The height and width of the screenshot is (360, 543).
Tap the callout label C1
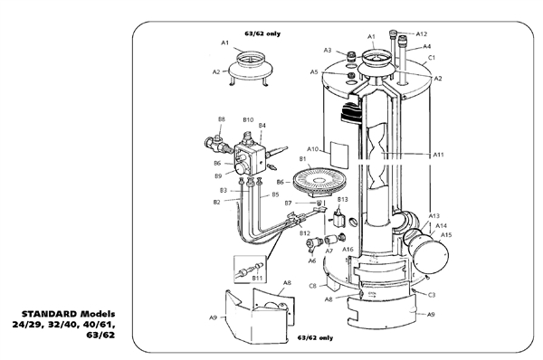point(432,58)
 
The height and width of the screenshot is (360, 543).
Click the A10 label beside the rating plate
point(312,148)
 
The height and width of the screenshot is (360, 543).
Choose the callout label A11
point(438,155)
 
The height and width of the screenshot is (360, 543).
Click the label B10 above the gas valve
point(248,119)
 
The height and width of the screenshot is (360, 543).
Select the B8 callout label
point(221,119)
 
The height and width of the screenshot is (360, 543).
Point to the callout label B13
point(342,198)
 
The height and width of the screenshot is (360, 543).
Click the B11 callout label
point(257,279)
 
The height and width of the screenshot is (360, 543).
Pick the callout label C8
point(312,286)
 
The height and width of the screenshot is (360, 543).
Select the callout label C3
point(432,295)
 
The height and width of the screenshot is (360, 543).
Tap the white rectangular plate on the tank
point(339,154)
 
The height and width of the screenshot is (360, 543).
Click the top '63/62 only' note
point(262,33)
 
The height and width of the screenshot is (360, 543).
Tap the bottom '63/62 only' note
point(315,338)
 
